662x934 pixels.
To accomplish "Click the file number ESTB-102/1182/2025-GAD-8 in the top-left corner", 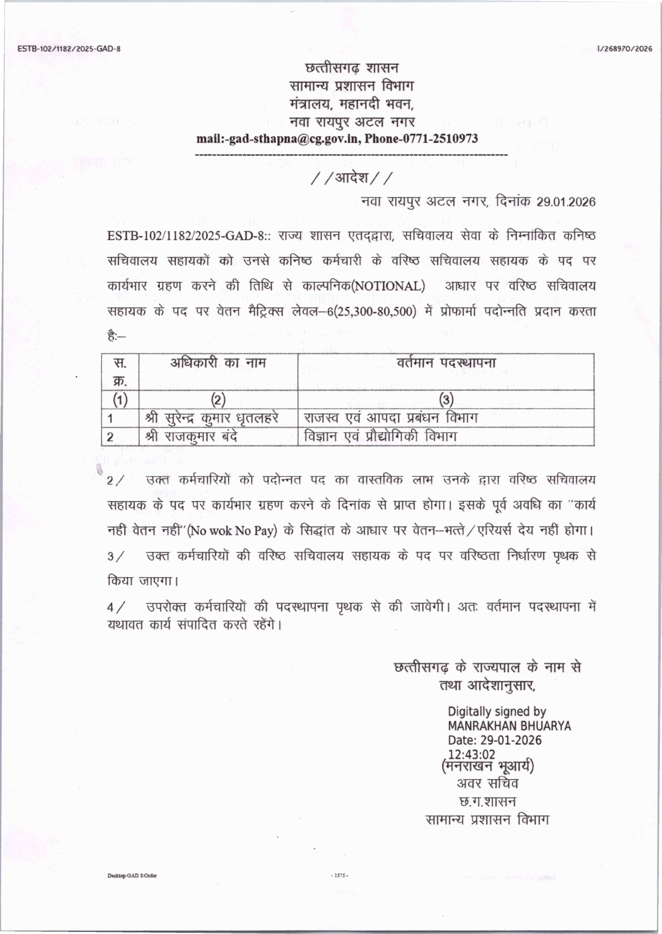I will coord(69,49).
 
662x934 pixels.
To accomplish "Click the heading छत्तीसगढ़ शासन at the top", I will coord(352,68).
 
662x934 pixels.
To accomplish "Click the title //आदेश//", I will coord(351,177).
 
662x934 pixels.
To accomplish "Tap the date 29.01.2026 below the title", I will coord(566,202).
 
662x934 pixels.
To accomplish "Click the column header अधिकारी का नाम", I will coord(218,363).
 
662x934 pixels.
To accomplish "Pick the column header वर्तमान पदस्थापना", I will coord(446,363).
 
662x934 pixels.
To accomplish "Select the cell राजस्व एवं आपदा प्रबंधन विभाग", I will coord(391,418).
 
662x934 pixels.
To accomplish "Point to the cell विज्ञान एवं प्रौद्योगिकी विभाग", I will coord(380,437).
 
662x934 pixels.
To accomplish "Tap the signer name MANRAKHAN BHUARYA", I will coord(509,726).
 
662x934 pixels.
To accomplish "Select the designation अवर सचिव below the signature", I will coord(487,783).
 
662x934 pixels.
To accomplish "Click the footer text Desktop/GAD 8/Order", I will coord(132,875).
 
